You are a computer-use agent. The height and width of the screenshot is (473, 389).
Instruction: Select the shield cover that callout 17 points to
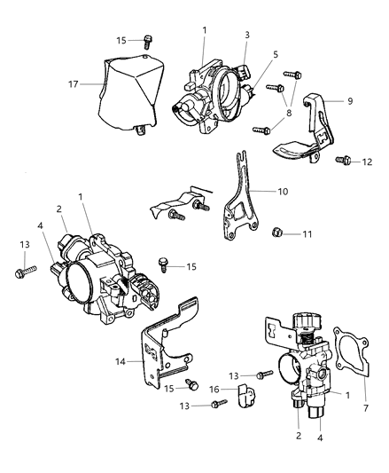(134, 89)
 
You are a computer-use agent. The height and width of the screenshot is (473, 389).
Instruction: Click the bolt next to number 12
(346, 162)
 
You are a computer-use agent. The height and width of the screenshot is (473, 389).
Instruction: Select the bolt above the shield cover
(146, 40)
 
